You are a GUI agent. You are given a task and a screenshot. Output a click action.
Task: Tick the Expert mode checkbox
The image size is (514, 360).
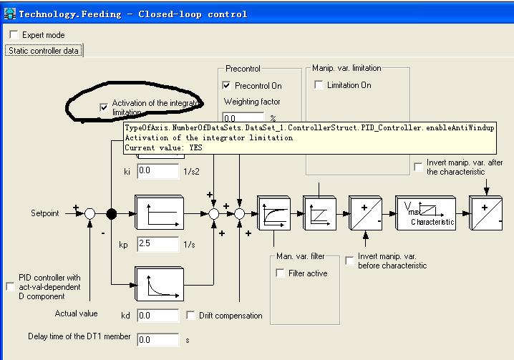[14, 35]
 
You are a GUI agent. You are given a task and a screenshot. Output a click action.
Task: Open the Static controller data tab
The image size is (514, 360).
[44, 51]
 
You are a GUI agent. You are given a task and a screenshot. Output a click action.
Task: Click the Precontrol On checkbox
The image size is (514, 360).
[226, 86]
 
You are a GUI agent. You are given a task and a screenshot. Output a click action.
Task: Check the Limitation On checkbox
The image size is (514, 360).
[319, 85]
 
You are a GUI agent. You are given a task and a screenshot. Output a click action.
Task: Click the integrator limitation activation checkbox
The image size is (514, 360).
[104, 107]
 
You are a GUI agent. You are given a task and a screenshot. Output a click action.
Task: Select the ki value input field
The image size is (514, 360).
[158, 171]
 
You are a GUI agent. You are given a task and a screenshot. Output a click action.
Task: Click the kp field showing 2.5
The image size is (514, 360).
[158, 244]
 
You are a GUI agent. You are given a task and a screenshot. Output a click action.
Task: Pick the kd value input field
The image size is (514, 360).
[158, 316]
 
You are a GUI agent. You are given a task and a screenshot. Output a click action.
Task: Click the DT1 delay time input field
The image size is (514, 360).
[158, 340]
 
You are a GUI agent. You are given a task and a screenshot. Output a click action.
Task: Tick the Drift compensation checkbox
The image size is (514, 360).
[190, 316]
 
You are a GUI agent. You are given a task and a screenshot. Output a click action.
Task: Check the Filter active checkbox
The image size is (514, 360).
[280, 273]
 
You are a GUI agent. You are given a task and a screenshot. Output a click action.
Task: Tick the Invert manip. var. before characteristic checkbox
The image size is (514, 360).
[349, 261]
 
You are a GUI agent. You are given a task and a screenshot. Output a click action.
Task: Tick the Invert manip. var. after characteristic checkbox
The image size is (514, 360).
[418, 167]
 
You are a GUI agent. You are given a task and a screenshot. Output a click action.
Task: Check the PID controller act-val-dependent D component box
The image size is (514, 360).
[11, 287]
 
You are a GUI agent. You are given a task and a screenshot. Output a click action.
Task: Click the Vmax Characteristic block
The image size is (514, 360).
[425, 213]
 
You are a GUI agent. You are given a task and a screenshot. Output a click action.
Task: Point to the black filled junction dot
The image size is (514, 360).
[112, 214]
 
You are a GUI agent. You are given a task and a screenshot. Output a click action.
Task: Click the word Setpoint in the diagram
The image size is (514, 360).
[45, 213]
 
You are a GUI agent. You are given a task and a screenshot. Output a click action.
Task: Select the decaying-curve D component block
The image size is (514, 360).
[160, 284]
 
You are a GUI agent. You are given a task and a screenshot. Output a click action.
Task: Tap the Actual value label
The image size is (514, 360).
[76, 313]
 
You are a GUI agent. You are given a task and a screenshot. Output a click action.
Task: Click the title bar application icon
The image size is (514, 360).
[9, 14]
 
